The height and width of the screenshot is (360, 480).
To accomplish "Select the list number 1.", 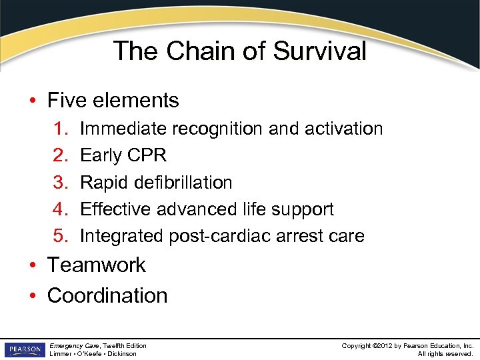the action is coord(58,129).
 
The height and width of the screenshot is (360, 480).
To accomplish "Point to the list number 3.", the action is coord(58,182).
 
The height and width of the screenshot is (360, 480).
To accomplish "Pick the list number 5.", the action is coord(58,235).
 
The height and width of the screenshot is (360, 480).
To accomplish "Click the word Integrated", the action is coord(121,235).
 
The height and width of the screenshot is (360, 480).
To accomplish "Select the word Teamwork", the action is coord(96,265).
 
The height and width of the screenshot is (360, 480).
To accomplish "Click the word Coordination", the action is coord(107,295).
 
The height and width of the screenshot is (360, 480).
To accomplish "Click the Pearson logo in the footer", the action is coord(23,349).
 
